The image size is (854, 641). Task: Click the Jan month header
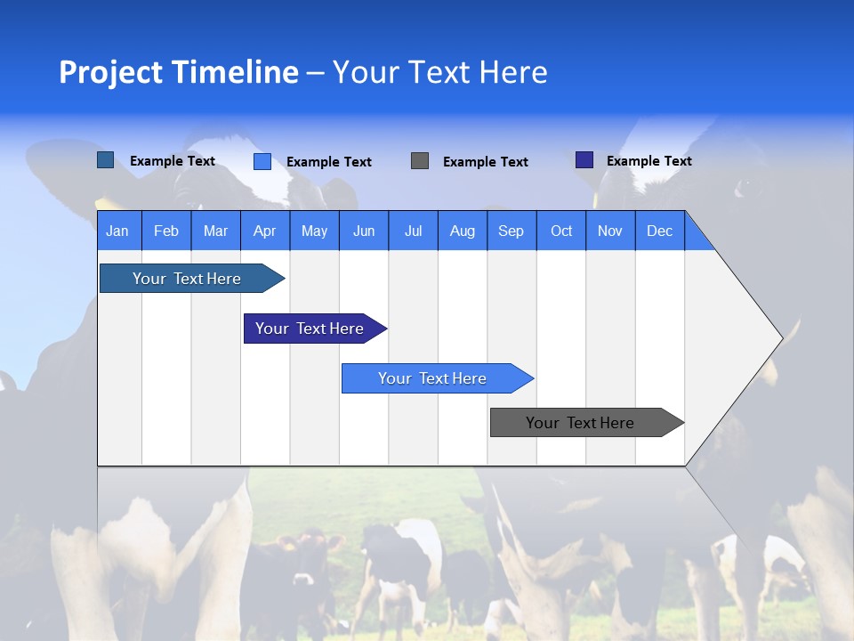point(118,231)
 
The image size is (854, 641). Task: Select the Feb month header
point(166,231)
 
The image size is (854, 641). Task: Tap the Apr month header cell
point(264,231)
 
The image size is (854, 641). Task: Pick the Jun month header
point(363,231)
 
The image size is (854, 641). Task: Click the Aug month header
point(462,231)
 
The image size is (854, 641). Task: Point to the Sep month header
point(511,231)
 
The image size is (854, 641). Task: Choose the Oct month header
point(560,231)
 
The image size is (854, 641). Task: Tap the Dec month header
point(659,231)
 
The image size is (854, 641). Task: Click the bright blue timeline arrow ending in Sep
point(433,378)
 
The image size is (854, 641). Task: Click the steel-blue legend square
point(105,160)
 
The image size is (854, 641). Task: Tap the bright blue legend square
point(262,161)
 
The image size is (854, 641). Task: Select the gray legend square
point(420,160)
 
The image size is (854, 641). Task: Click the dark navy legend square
point(584,160)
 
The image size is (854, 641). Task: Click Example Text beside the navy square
point(649,161)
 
